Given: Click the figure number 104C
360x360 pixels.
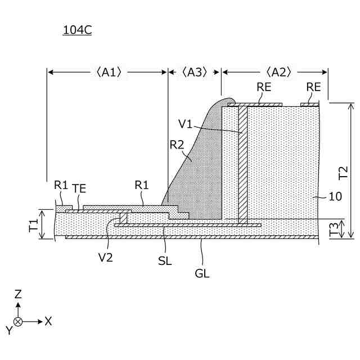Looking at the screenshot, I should click(x=77, y=30).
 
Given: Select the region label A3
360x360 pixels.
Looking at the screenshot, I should click(x=195, y=72).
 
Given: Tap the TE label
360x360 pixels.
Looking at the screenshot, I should click(x=79, y=189).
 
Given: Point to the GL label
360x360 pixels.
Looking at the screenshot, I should click(x=202, y=273).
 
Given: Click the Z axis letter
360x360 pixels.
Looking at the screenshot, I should click(x=18, y=294).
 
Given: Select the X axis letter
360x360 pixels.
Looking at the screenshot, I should click(x=48, y=321).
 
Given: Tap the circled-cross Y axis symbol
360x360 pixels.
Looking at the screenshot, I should click(x=18, y=321).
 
